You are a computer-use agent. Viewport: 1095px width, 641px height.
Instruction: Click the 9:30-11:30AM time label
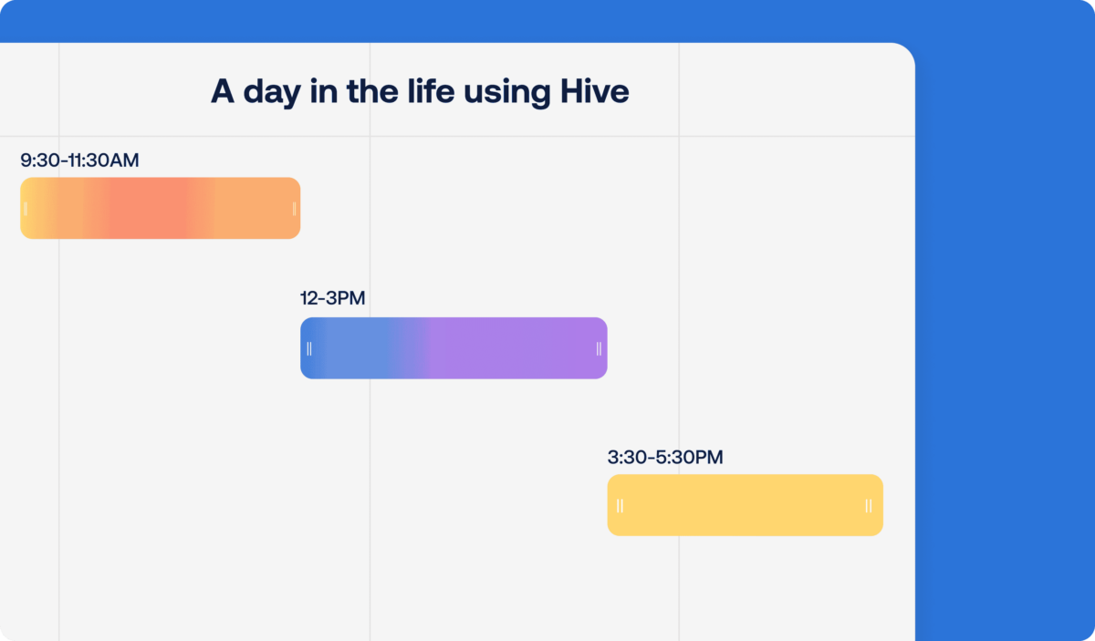[79, 160]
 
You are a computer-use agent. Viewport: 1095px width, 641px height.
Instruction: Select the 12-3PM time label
[332, 298]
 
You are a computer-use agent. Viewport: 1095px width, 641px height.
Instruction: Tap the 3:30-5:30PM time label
[664, 457]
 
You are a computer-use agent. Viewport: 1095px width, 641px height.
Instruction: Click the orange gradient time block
[160, 208]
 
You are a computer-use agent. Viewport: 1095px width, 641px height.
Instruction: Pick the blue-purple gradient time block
[454, 347]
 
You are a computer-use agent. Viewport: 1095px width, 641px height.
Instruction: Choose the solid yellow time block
[745, 505]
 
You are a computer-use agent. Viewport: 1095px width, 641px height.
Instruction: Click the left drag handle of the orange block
[26, 209]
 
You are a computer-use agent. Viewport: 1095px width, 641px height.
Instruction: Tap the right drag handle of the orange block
[294, 209]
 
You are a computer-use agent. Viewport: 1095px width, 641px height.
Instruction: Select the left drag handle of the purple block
[309, 348]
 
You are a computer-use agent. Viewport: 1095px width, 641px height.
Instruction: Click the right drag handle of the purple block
[599, 348]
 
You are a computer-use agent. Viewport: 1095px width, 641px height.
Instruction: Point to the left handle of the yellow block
[620, 506]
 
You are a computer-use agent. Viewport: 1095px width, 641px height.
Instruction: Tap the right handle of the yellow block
[868, 506]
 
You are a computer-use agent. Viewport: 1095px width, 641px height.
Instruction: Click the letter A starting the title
[222, 91]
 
